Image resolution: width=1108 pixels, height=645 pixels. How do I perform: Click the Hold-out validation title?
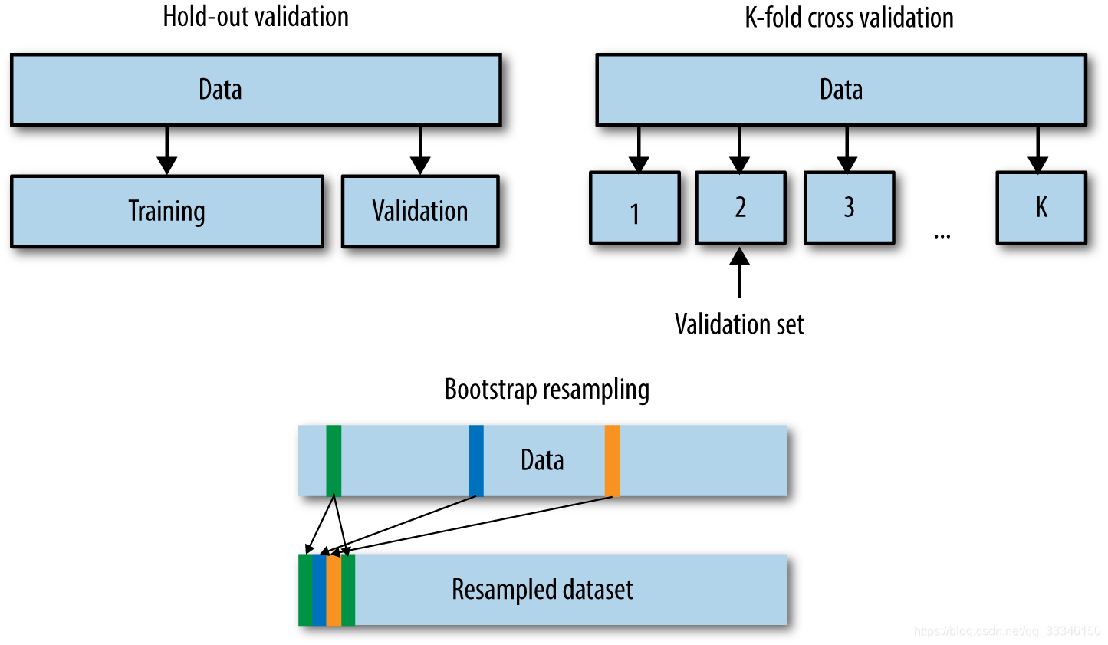(x=255, y=17)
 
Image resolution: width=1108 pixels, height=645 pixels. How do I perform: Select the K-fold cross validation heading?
(x=849, y=18)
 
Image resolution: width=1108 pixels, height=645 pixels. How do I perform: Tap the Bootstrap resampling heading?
(x=547, y=389)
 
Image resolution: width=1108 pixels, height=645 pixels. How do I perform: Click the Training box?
(x=166, y=211)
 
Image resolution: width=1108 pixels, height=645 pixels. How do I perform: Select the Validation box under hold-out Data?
(x=420, y=211)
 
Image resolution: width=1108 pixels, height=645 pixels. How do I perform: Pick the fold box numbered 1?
(x=635, y=209)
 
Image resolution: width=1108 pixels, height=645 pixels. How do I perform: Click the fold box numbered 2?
(x=741, y=208)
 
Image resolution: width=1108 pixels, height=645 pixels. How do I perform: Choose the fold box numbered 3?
(x=849, y=208)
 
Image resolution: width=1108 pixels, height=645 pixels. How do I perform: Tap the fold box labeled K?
(x=1041, y=208)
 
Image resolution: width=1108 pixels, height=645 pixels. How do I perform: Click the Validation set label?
(x=739, y=324)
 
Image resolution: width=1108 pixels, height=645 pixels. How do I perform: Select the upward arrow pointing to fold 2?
(x=740, y=272)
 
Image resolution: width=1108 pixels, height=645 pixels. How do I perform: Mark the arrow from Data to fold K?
(x=1037, y=150)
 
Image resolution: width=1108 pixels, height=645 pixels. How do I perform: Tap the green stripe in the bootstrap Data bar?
(x=334, y=460)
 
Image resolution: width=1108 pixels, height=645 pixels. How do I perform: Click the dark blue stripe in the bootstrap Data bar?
(x=476, y=460)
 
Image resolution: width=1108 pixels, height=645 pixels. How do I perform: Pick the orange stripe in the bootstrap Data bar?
(x=612, y=460)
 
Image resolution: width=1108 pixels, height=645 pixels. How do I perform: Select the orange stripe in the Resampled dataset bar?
(x=334, y=590)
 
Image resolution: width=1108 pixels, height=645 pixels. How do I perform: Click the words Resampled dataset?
(x=542, y=590)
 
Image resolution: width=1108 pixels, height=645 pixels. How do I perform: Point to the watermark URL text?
(x=1007, y=631)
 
